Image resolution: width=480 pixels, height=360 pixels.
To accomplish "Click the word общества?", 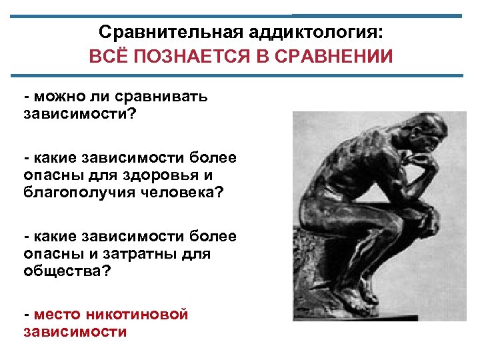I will point(67,271).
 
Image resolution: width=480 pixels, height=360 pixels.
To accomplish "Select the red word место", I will point(54,315).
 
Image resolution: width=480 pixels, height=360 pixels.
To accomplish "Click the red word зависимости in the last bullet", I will point(75,331).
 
